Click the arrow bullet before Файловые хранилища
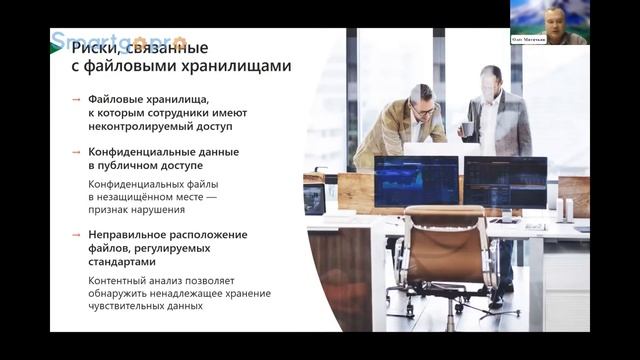click(77, 100)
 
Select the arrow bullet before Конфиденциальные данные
click(77, 152)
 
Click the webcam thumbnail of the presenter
click(548, 16)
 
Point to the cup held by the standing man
click(467, 128)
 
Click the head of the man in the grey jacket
click(491, 80)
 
